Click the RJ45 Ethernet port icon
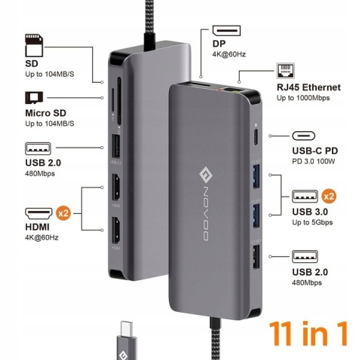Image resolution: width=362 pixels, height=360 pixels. coord(285,72)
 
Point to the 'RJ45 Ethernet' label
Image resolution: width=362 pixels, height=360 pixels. coord(308,88)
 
